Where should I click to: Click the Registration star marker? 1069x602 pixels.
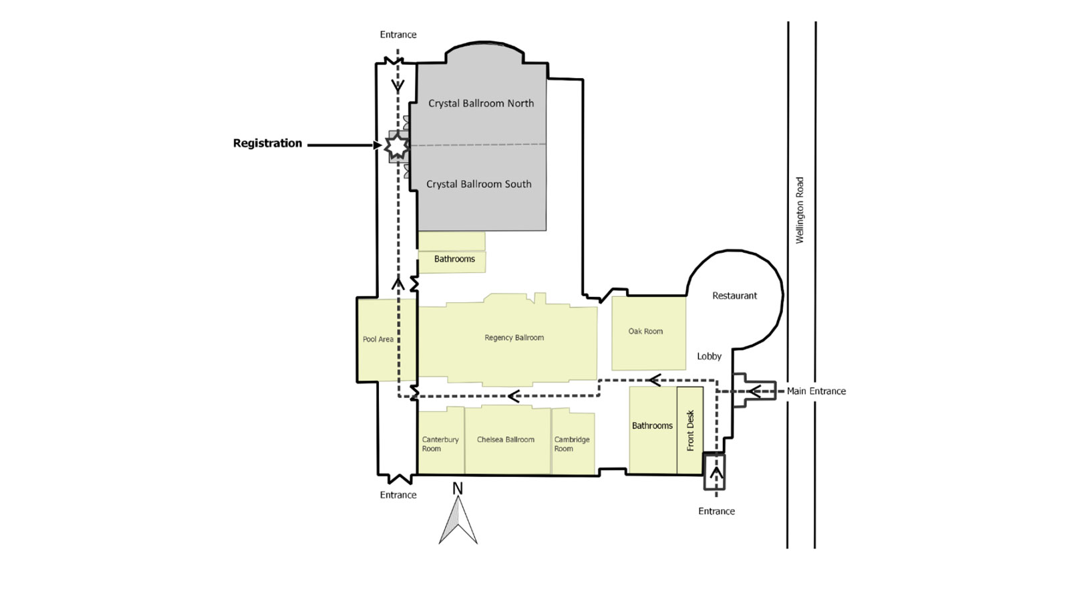(x=397, y=145)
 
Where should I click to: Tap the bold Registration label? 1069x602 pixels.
(x=267, y=143)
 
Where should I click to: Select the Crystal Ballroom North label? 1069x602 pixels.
(x=481, y=104)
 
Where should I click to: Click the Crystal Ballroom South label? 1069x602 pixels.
(x=479, y=184)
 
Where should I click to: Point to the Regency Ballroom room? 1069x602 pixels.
(x=514, y=338)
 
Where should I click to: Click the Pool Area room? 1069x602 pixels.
(x=378, y=340)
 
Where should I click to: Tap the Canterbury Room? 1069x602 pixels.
(x=440, y=443)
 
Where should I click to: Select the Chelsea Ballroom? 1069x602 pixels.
(x=506, y=440)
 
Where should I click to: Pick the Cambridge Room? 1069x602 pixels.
(x=572, y=443)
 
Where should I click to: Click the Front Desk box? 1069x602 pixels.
(x=690, y=430)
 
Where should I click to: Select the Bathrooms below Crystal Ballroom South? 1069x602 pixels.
(x=454, y=260)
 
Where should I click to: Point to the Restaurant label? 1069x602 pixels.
(x=734, y=296)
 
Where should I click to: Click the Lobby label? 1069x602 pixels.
(x=709, y=357)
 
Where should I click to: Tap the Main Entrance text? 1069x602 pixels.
(x=816, y=391)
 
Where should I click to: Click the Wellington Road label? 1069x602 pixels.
(x=800, y=210)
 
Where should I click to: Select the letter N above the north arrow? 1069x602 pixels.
(x=458, y=489)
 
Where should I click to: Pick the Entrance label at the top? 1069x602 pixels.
(x=398, y=35)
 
